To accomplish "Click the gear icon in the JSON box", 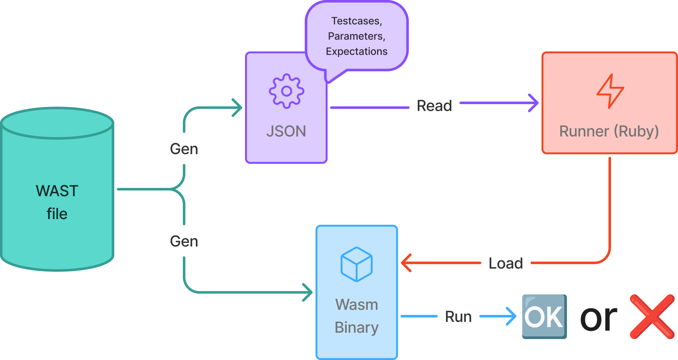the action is click(286, 91).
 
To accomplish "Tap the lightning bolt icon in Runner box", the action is click(610, 91).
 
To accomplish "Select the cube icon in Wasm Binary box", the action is click(356, 264).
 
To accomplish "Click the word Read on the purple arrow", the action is click(434, 106).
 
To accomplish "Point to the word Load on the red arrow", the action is click(506, 263).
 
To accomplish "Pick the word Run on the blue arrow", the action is click(458, 317).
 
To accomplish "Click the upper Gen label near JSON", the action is click(184, 149).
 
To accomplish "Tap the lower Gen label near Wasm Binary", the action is click(184, 241).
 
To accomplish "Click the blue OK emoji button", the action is click(544, 317).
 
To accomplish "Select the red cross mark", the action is click(652, 317).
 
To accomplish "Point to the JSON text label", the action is click(286, 131).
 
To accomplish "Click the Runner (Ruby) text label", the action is click(609, 131).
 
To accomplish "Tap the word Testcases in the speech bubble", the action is click(357, 21).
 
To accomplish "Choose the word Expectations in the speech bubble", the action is click(357, 51).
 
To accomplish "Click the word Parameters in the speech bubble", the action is click(357, 36).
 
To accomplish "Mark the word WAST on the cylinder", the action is click(57, 191).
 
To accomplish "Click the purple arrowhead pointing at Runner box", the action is click(534, 103).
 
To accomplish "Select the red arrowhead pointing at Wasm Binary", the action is click(406, 263).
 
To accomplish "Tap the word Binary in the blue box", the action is click(357, 328).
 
